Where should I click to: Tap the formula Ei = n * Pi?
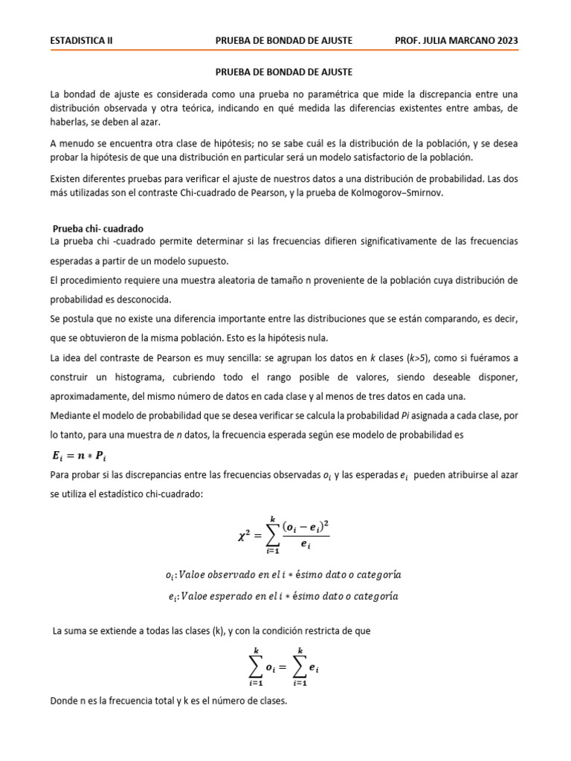click(82, 455)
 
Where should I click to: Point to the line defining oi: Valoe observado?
click(283, 575)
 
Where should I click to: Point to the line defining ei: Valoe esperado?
click(283, 596)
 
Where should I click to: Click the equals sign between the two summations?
click(282, 667)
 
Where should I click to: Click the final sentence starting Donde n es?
click(168, 701)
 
